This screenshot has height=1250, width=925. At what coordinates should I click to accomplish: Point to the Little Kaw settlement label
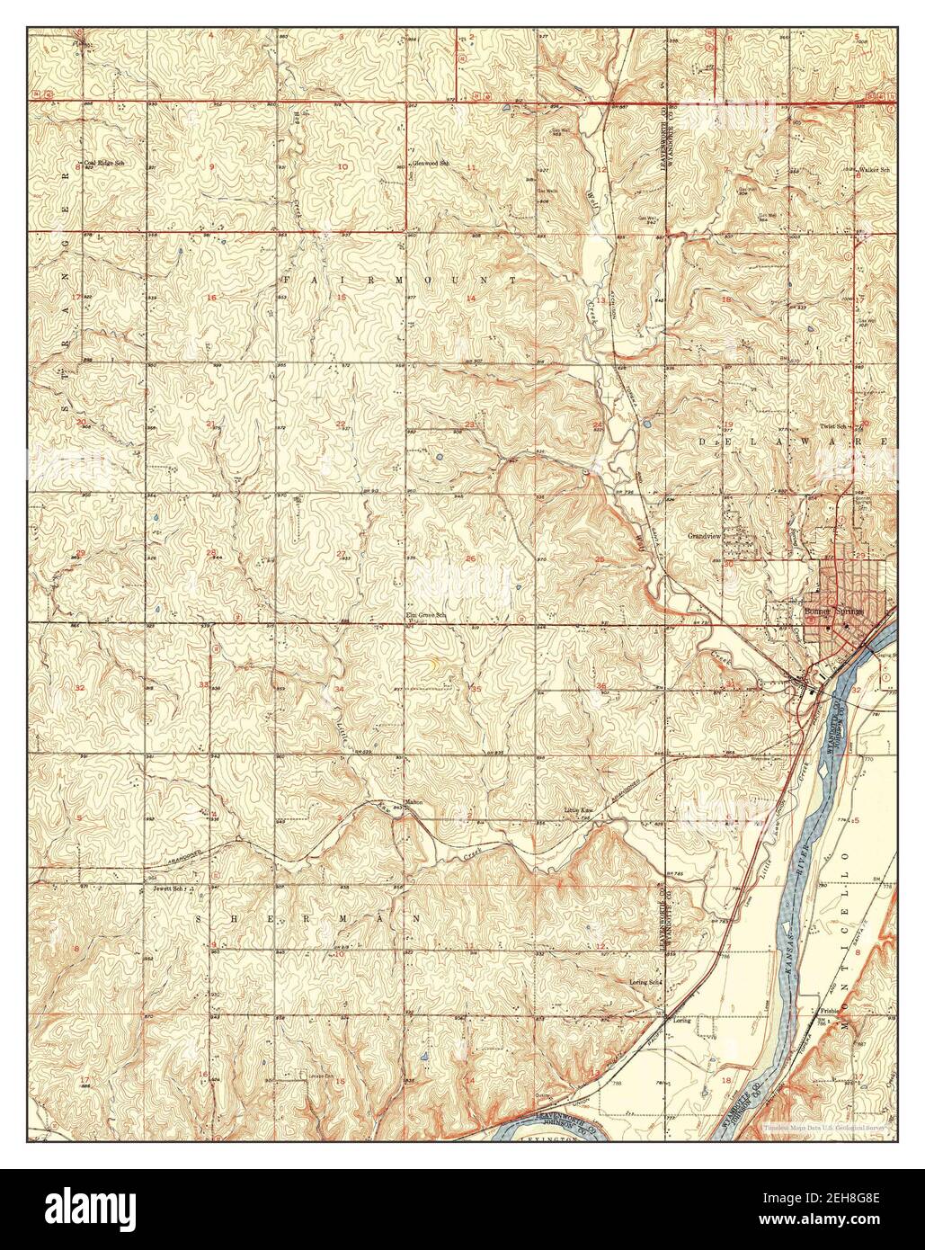(x=579, y=811)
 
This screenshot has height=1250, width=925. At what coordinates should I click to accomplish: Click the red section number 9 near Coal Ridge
(x=212, y=168)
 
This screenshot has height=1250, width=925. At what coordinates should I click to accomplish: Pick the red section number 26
(x=471, y=558)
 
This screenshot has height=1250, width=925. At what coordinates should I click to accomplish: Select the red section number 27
(x=341, y=553)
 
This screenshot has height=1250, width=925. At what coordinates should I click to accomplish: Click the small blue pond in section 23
(x=438, y=458)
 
